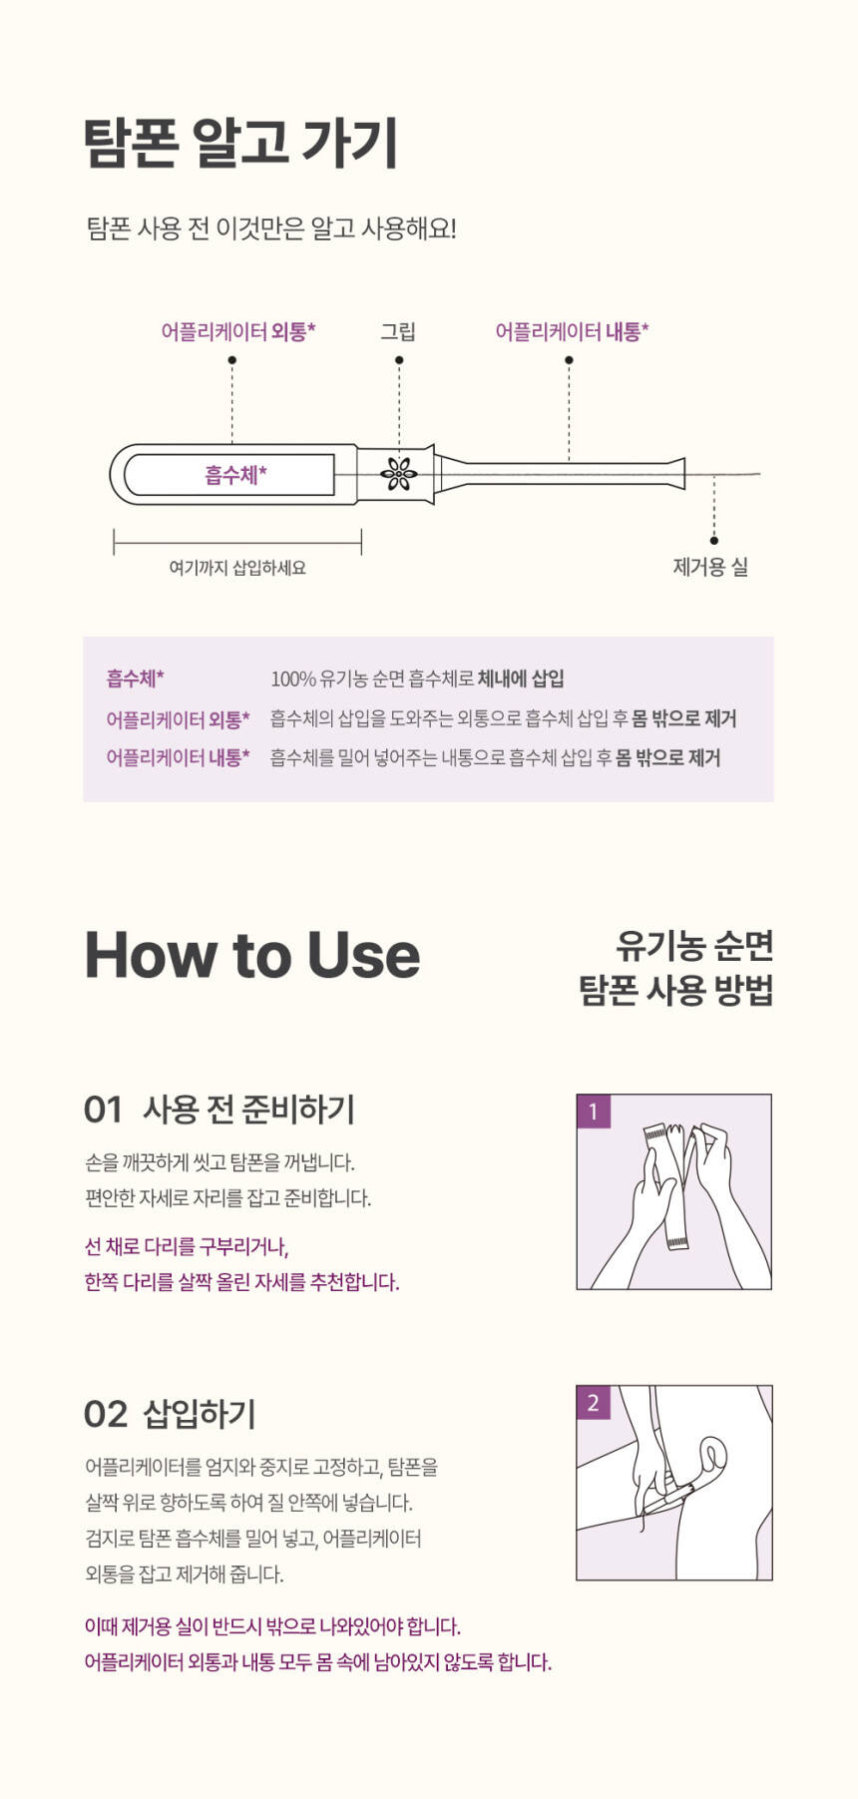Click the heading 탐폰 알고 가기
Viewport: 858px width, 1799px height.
[241, 143]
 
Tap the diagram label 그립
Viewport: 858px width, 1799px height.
[398, 331]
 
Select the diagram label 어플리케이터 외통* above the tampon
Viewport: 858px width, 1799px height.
[238, 331]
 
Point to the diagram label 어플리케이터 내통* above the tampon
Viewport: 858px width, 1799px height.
[572, 331]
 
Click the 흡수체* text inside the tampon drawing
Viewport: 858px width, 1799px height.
[236, 475]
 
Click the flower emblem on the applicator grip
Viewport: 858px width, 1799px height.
[399, 474]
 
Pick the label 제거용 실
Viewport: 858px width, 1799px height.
[710, 567]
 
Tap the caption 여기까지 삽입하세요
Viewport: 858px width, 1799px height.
[237, 568]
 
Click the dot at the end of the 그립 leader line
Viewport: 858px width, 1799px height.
[399, 360]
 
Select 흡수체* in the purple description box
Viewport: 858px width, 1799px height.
[136, 678]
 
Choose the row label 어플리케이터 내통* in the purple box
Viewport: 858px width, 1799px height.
[178, 757]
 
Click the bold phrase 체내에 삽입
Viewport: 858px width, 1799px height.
[521, 678]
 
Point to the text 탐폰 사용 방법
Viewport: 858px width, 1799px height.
[676, 990]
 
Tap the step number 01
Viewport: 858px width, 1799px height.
[103, 1109]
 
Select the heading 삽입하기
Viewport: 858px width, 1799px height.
[200, 1414]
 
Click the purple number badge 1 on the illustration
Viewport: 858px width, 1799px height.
[594, 1112]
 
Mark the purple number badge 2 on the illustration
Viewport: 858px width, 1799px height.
[594, 1403]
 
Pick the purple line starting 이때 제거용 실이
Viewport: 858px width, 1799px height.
[272, 1626]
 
